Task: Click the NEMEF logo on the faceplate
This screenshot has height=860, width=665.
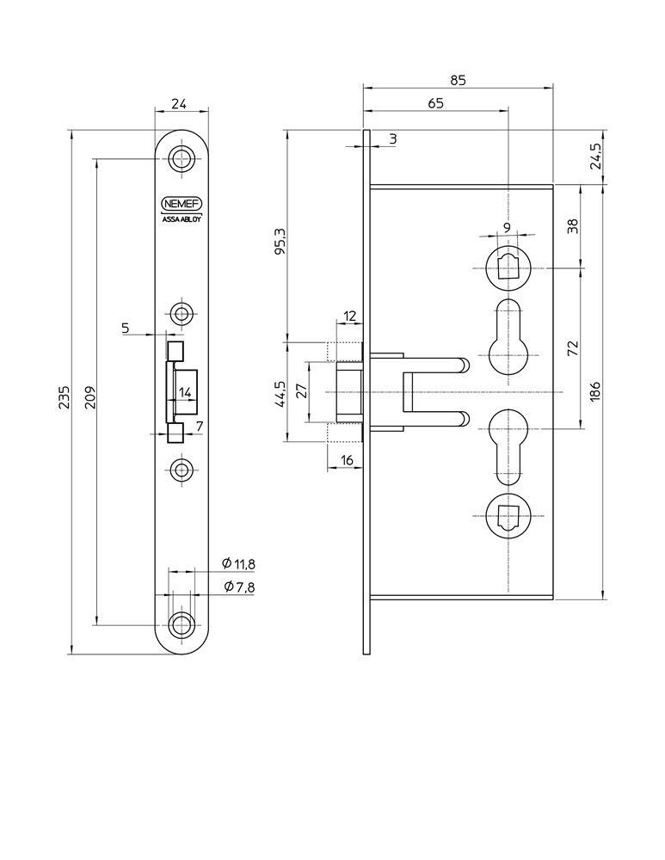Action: point(182,204)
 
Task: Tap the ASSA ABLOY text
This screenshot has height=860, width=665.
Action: point(182,218)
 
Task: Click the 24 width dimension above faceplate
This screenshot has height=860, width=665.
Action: point(179,104)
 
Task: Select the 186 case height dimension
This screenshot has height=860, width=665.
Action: point(596,391)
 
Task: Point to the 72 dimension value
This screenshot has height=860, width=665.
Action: point(574,348)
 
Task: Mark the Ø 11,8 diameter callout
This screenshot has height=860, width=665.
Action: point(238,564)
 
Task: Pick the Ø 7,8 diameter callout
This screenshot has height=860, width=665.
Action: point(238,587)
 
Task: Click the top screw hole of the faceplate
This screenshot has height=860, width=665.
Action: point(182,159)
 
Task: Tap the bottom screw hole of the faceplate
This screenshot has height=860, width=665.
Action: point(182,625)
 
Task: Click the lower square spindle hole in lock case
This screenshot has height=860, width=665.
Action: point(509,515)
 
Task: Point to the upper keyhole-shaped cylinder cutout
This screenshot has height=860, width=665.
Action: point(509,340)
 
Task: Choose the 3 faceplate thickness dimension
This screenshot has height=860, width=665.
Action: point(391,138)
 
